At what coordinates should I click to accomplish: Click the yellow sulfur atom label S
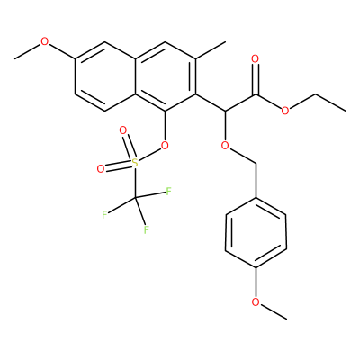click(135, 163)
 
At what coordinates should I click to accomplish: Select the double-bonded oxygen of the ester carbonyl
click(256, 59)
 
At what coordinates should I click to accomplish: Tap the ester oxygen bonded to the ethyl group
click(285, 111)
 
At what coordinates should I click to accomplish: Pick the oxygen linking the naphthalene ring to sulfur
click(165, 146)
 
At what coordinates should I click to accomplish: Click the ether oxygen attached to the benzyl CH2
click(225, 146)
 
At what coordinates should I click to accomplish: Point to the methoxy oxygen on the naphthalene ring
click(44, 41)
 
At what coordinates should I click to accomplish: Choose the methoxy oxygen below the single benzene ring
click(256, 301)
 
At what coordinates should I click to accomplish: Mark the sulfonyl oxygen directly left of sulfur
click(101, 169)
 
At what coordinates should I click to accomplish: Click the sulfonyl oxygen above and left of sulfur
click(122, 130)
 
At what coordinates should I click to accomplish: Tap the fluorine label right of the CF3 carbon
click(168, 192)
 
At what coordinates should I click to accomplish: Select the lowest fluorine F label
click(146, 230)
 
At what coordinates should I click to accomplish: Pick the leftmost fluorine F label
click(104, 215)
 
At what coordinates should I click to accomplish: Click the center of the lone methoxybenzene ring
click(256, 232)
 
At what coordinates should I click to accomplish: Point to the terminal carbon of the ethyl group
click(346, 112)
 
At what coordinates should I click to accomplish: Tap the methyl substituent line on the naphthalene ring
click(211, 50)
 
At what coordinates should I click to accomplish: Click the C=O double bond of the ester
click(256, 79)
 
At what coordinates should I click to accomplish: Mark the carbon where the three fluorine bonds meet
click(135, 198)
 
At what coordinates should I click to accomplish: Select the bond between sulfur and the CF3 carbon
click(135, 183)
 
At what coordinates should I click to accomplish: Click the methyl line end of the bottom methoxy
click(286, 319)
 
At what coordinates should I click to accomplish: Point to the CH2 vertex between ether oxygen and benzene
click(256, 164)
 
